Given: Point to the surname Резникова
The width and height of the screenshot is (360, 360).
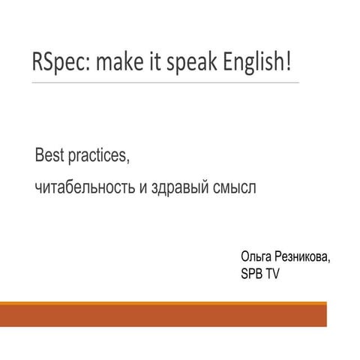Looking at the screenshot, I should pyautogui.click(x=301, y=257).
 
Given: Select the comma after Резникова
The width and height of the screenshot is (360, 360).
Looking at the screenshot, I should pyautogui.click(x=328, y=262).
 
